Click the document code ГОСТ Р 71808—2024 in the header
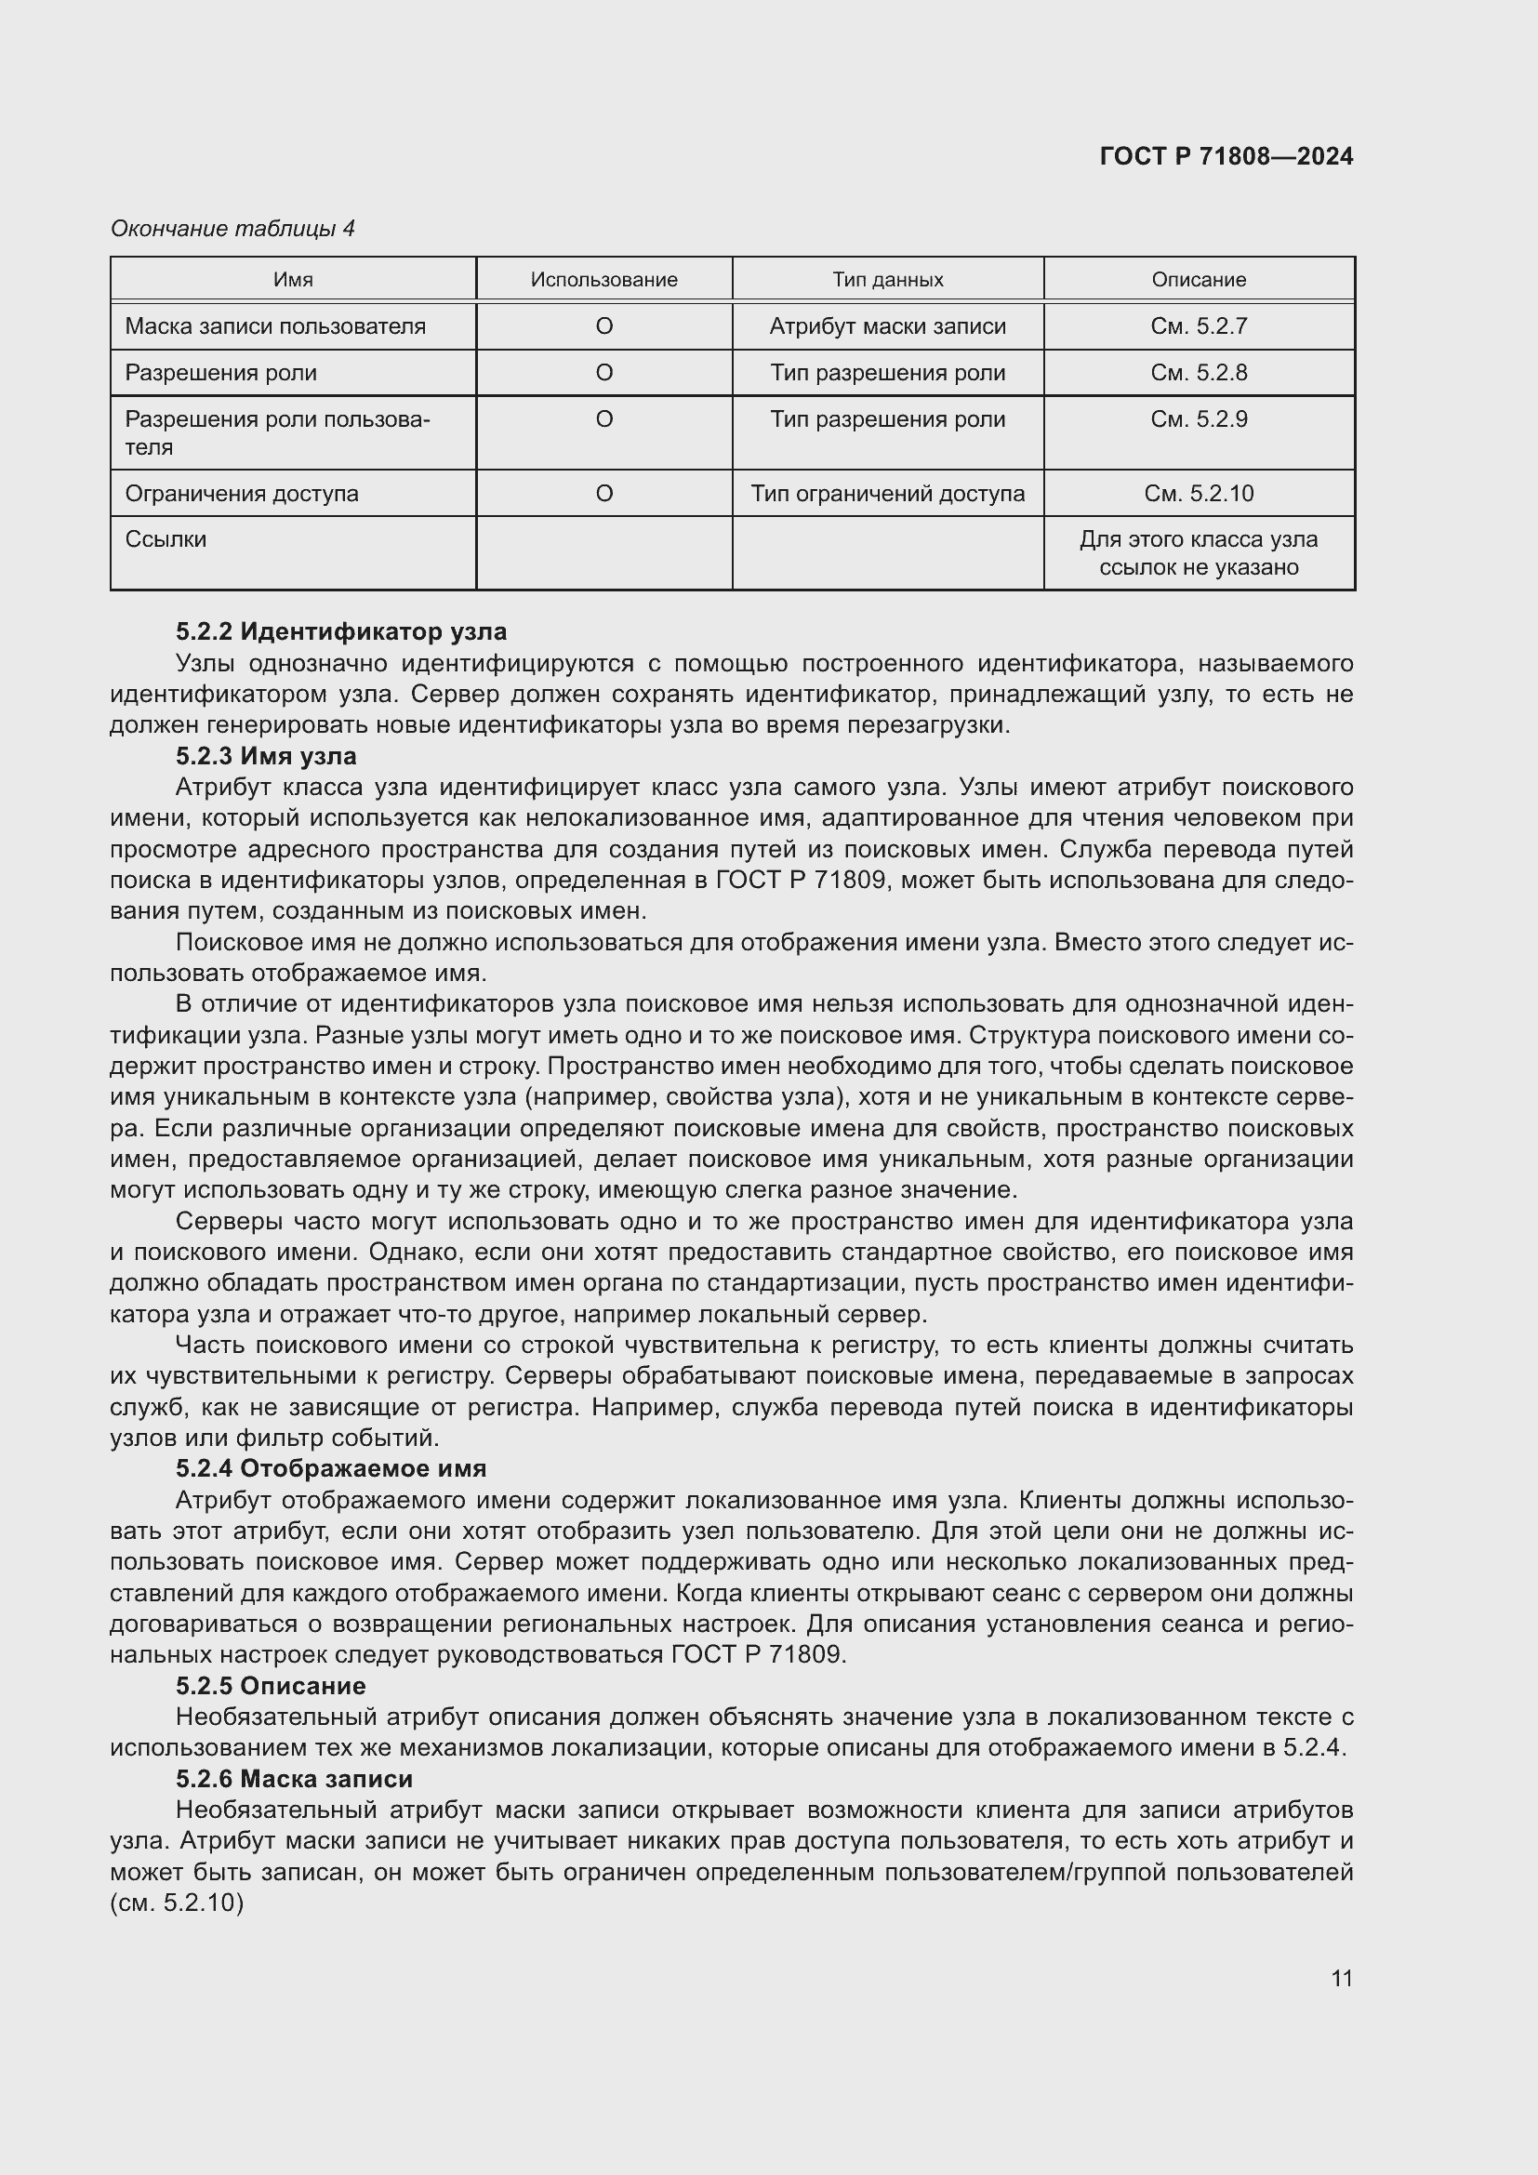[x=1226, y=156]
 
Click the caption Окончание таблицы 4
[x=232, y=229]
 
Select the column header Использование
[x=603, y=280]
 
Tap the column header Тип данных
[x=887, y=280]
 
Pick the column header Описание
[x=1198, y=280]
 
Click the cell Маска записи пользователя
[x=275, y=325]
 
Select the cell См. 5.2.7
[x=1198, y=325]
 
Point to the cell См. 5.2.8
[x=1198, y=372]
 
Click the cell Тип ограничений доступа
[x=887, y=494]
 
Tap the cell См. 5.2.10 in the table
[x=1198, y=494]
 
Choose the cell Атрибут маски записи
[x=887, y=325]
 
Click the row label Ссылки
[x=166, y=539]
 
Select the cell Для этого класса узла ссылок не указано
[x=1198, y=553]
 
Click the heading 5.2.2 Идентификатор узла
[x=341, y=630]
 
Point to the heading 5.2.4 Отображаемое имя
[x=330, y=1468]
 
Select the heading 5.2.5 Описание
[x=271, y=1685]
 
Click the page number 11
[x=1341, y=1978]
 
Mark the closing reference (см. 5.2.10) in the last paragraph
[x=177, y=1903]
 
